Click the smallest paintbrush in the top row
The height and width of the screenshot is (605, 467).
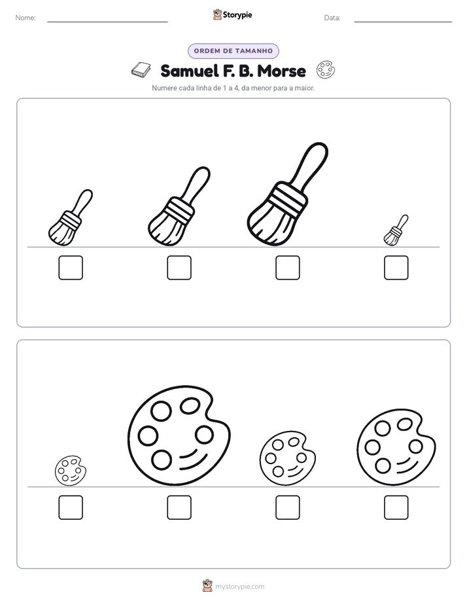tap(396, 230)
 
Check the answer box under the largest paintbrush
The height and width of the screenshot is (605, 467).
tap(287, 267)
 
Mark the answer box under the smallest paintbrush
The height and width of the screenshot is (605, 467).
tap(396, 267)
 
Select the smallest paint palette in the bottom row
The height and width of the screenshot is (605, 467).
tap(71, 471)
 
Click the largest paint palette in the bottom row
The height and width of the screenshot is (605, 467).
tap(179, 435)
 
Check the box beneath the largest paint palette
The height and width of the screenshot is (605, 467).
tap(179, 507)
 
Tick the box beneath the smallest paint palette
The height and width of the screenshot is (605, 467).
tap(71, 507)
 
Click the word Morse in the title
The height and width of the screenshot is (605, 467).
tap(281, 71)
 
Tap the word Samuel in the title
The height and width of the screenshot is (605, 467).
tap(184, 71)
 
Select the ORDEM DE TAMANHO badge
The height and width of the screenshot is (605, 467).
tap(233, 51)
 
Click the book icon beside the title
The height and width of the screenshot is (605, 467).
tap(141, 70)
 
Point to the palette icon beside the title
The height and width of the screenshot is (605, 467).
tap(326, 70)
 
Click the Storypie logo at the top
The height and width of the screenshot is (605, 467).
tap(232, 14)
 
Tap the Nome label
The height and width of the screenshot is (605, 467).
tap(26, 18)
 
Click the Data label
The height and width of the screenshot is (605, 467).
tap(332, 18)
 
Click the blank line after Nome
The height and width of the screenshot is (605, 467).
tap(107, 22)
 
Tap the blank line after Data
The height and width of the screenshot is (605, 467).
tap(403, 22)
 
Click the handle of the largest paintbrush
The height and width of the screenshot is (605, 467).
tap(311, 165)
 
